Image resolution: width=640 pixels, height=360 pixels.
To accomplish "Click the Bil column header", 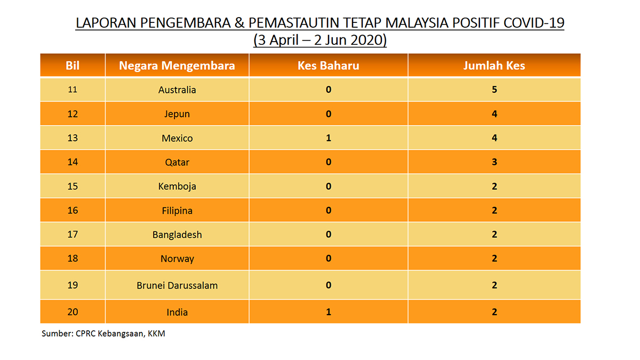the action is (x=73, y=66).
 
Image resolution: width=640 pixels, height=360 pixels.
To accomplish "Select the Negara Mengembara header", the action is (x=177, y=66).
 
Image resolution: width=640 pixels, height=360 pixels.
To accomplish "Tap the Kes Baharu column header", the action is (x=329, y=66).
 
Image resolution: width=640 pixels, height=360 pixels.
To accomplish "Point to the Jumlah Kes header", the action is (x=494, y=66).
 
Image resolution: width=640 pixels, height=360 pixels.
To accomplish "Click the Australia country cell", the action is (x=177, y=90).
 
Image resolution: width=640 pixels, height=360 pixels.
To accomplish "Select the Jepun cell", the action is (x=177, y=114).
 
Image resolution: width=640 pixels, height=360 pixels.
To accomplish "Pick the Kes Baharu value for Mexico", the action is (x=329, y=138).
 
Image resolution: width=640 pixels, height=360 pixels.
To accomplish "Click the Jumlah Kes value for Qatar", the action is (x=494, y=162).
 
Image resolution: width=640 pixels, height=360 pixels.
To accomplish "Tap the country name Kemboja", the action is (x=177, y=187).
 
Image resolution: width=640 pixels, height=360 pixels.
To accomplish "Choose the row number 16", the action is (x=73, y=210).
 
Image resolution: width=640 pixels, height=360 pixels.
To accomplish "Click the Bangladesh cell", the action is (x=177, y=235).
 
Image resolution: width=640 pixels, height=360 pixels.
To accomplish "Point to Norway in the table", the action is (x=177, y=259).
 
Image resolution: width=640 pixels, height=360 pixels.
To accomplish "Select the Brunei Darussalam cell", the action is (x=177, y=285).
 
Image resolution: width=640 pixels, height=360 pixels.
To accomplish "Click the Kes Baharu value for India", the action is (x=329, y=311).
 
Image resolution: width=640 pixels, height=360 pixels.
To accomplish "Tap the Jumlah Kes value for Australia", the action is (x=494, y=90).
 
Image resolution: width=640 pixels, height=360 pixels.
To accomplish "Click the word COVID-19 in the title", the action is (x=534, y=23).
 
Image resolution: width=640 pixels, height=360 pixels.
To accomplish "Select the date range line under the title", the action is (x=320, y=40).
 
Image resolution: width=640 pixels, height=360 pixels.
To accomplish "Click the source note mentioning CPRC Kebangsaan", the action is (x=103, y=334).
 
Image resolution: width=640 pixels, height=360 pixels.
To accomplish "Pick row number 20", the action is (x=73, y=311).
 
